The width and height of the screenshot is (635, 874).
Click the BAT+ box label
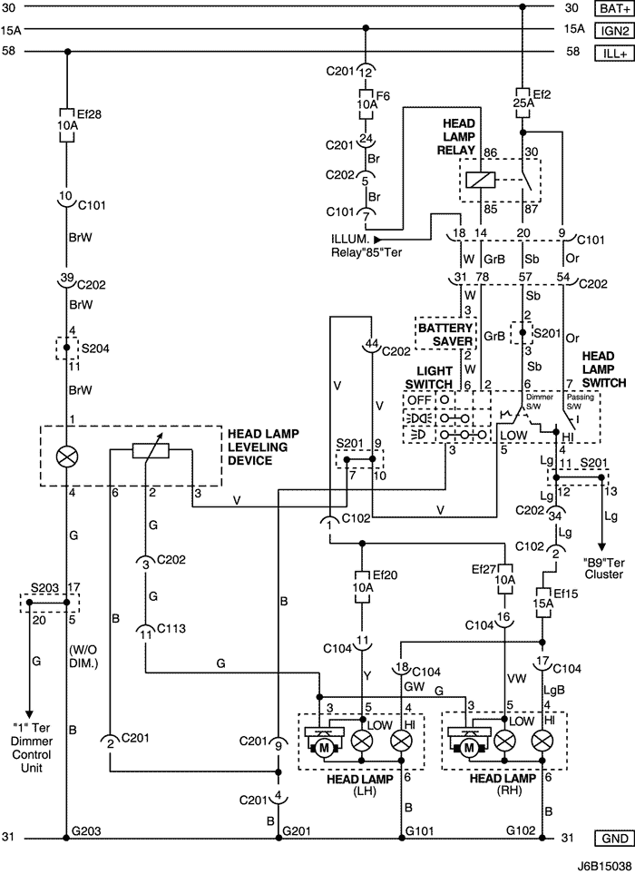pos(610,8)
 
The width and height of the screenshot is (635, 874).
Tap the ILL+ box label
pos(610,53)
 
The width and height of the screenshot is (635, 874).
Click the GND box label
pos(610,838)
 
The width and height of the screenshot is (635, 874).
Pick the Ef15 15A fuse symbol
pos(542,604)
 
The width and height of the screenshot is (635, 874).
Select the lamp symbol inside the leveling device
pos(67,456)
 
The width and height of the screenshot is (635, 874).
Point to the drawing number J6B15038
pos(600,864)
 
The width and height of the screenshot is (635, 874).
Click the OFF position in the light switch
pos(418,398)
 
